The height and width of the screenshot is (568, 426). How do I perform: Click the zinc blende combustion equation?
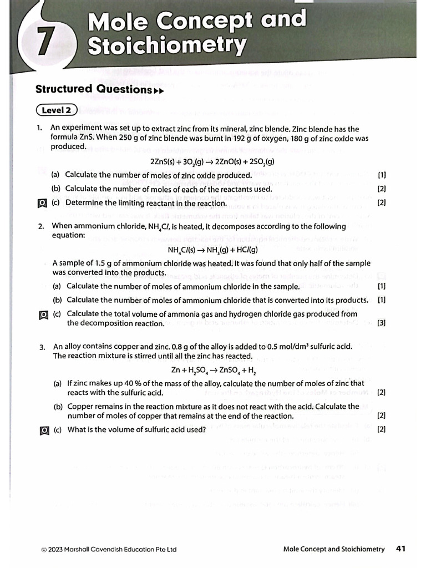pos(212,162)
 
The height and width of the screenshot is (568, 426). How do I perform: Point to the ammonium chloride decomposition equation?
pos(212,250)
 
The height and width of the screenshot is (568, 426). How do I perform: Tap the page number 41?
pos(401,549)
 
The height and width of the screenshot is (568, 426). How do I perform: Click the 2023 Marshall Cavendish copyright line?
pos(109,549)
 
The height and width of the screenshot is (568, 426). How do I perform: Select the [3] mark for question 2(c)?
pos(382,323)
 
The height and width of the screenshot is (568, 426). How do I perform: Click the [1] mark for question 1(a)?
pos(382,175)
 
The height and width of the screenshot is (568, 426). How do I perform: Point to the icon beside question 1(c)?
pos(40,203)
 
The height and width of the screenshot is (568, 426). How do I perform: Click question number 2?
pos(41,226)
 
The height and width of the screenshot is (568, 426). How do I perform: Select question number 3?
pos(42,347)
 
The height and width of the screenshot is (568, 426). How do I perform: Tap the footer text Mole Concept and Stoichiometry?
pos(333,549)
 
